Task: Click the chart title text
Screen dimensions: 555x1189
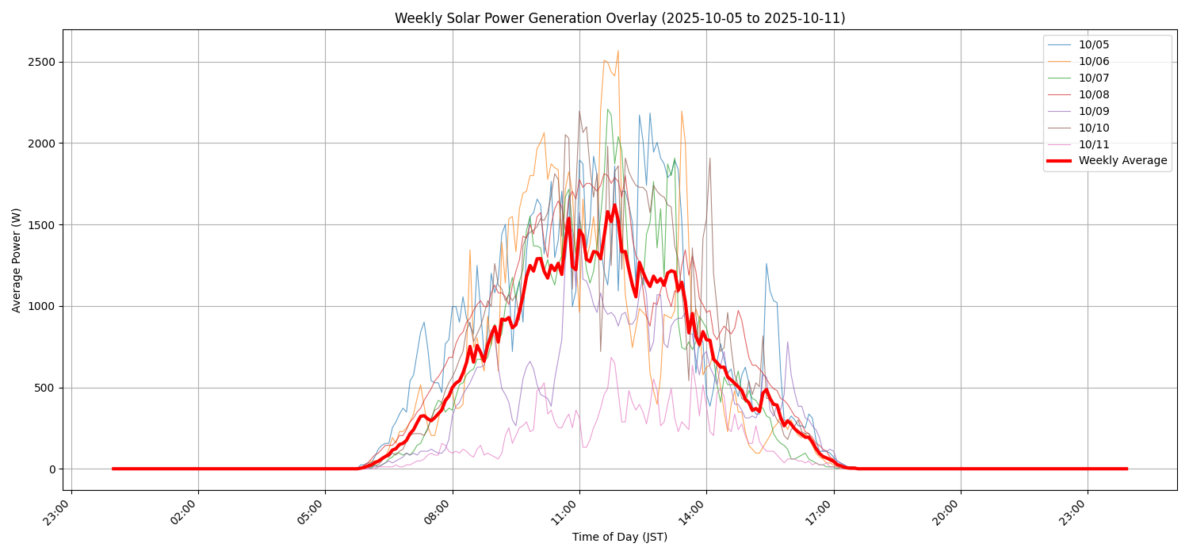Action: pyautogui.click(x=619, y=18)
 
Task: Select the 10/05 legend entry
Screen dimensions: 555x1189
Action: pyautogui.click(x=1094, y=45)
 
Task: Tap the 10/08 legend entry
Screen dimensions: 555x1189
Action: pyautogui.click(x=1094, y=95)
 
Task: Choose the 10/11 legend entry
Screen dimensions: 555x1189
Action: pyautogui.click(x=1094, y=145)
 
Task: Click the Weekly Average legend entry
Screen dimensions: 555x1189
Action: pyautogui.click(x=1122, y=161)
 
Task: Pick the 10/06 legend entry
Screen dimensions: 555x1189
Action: pyautogui.click(x=1094, y=62)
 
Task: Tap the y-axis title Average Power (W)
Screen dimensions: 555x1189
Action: pyautogui.click(x=17, y=260)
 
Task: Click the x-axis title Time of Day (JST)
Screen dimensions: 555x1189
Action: pyautogui.click(x=619, y=538)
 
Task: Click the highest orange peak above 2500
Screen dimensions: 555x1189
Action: pyautogui.click(x=617, y=51)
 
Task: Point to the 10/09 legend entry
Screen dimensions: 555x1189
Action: pyautogui.click(x=1094, y=112)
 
